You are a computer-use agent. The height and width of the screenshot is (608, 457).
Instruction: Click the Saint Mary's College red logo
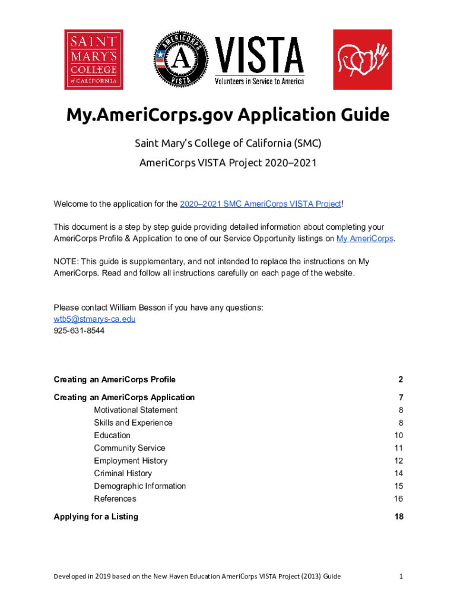point(94,59)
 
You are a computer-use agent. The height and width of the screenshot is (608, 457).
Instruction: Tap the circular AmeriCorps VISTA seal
point(182,59)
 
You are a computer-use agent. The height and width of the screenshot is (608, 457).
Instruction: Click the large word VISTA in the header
point(259,55)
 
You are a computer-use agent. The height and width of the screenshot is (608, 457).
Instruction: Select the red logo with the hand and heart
point(362,59)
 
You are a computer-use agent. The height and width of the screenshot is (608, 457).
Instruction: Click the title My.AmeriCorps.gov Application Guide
point(228,115)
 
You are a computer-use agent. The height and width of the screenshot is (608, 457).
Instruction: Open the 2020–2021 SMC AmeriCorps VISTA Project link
point(261,204)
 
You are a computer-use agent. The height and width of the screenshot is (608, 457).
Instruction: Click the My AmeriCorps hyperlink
point(364,239)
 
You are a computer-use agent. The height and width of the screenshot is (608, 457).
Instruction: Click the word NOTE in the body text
point(65,261)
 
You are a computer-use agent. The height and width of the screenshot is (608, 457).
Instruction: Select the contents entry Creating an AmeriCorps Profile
point(115,379)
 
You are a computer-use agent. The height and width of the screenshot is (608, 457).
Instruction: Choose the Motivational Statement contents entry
point(135,410)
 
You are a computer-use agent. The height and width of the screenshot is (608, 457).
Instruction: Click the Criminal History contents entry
point(123,473)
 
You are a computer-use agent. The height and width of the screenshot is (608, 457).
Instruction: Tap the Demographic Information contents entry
point(139,486)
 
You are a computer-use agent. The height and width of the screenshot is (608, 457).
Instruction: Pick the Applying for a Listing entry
point(96,517)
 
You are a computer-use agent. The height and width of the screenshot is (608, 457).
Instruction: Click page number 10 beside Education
point(398,435)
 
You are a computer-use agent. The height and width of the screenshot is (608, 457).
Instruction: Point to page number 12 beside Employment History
point(398,461)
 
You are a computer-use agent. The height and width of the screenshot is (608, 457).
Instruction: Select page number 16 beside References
point(398,499)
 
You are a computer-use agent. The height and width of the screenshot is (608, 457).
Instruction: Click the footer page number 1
point(401,576)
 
